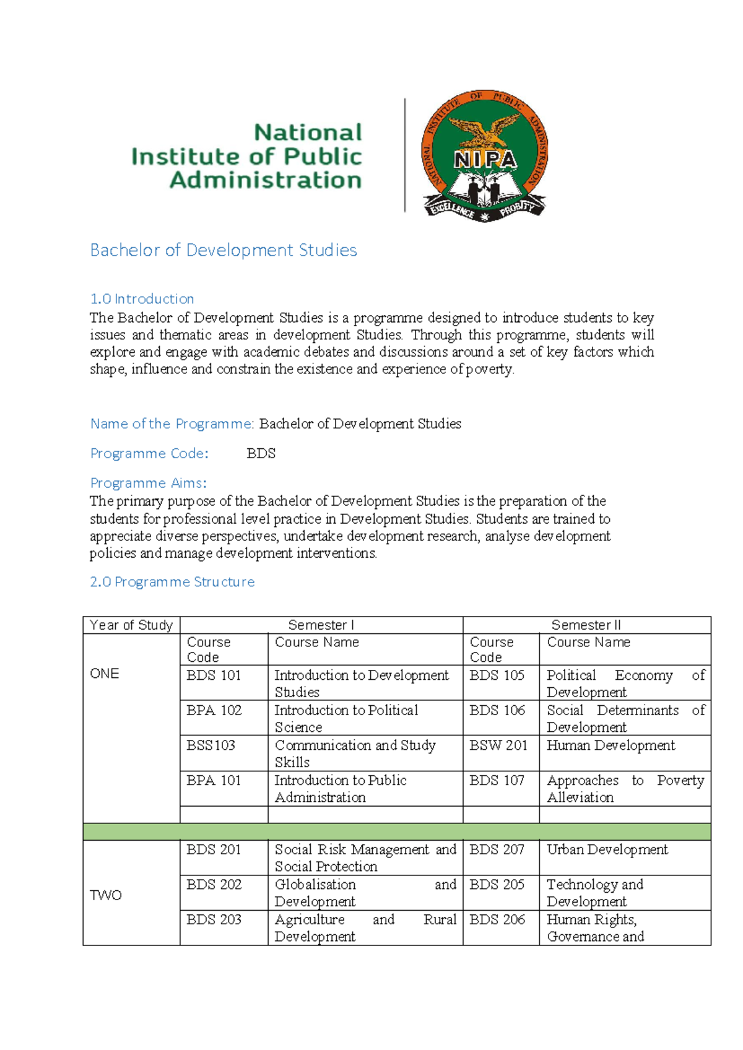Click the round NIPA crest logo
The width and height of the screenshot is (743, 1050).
point(485,155)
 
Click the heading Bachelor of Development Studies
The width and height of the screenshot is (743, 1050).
point(224,250)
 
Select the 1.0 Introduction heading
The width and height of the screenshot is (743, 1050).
point(142,299)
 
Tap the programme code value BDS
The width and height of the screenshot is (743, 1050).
point(261,454)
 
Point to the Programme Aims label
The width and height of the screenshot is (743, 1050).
point(148,483)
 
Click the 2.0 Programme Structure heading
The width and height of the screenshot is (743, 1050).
point(172,582)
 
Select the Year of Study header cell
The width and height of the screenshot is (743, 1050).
point(131,625)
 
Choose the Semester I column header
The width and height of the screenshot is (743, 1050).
point(321,625)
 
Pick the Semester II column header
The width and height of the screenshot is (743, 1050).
point(586,625)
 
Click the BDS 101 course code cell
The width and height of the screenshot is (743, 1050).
point(214,675)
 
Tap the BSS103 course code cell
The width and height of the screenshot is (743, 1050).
point(211,745)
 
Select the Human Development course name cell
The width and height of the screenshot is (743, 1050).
point(610,746)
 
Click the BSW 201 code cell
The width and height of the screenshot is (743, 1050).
point(498,746)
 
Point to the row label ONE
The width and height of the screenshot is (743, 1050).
point(105,674)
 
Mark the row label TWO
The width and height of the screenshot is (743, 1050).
point(106,895)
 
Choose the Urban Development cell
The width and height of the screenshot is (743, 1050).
point(607,850)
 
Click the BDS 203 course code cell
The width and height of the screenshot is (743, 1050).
point(214,920)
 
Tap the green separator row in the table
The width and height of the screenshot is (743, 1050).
point(396,831)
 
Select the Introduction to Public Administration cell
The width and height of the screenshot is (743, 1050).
point(341,789)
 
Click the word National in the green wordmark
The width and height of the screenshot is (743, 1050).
point(308,132)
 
